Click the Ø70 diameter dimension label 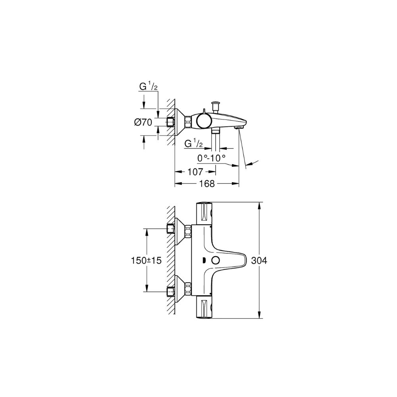143,122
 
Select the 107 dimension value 195,172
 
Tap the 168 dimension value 207,183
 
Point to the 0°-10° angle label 211,158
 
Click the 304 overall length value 259,260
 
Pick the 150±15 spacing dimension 146,260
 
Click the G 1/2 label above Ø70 148,87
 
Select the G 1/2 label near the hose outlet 194,144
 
